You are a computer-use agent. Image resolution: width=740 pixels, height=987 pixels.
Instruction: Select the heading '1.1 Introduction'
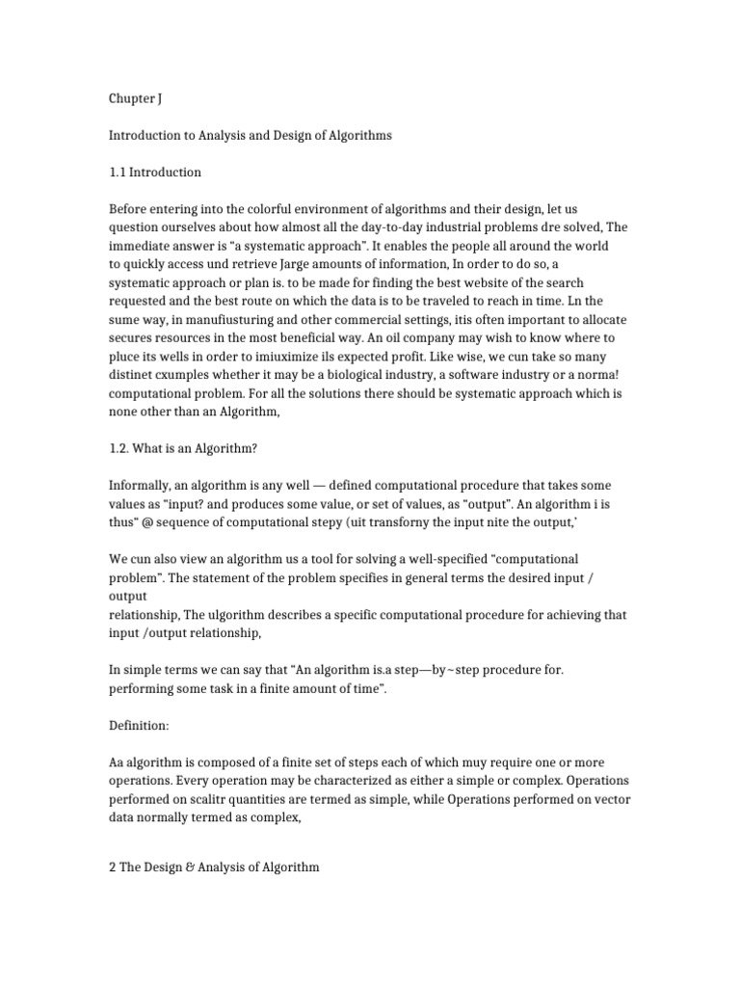click(155, 173)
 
